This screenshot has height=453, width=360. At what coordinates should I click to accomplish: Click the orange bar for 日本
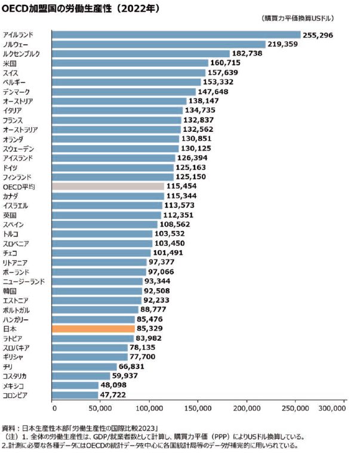94,328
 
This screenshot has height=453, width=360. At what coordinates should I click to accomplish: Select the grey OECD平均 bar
108,186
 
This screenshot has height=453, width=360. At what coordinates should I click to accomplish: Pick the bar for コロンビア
75,395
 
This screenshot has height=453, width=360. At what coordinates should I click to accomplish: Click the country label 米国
9,63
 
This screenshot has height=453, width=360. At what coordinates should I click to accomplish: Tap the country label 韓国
9,291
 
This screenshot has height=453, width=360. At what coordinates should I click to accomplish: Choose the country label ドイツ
10,167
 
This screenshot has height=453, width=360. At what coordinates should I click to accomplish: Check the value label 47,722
117,395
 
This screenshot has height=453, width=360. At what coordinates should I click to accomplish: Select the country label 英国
9,215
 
